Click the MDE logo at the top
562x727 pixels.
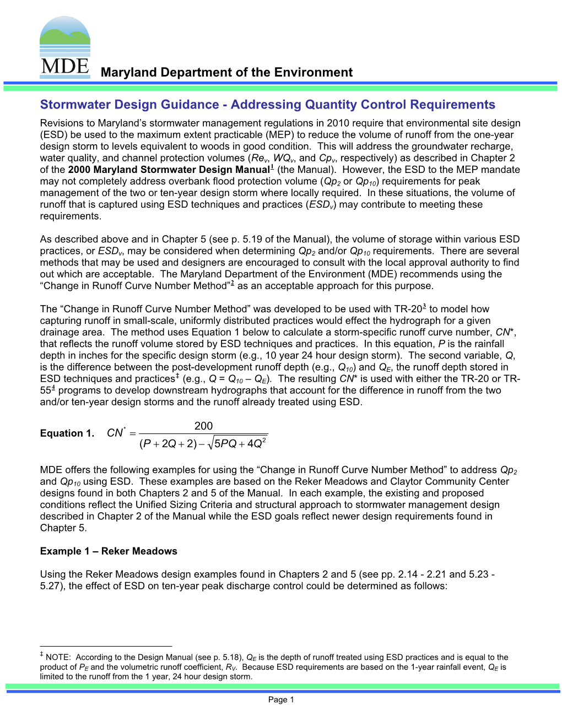coord(65,47)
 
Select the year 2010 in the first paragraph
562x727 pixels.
coord(338,123)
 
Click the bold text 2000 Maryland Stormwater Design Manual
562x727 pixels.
coord(169,170)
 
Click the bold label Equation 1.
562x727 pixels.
coord(67,433)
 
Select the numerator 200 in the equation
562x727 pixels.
coord(203,426)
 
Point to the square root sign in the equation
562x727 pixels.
coord(209,444)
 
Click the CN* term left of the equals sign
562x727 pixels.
coord(116,433)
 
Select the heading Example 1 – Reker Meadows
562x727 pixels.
coord(109,551)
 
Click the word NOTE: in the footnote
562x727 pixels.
coord(58,658)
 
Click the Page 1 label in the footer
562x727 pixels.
coord(281,700)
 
